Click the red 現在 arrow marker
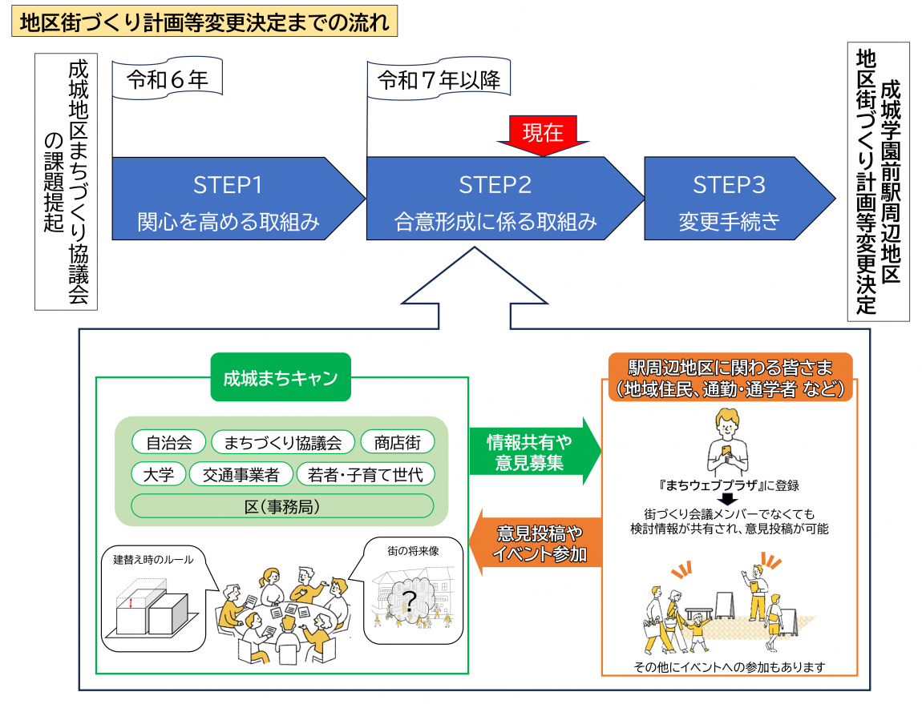click(x=543, y=135)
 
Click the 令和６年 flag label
click(x=168, y=78)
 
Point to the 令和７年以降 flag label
click(x=439, y=78)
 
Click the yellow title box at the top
click(x=204, y=22)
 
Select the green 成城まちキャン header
click(x=281, y=377)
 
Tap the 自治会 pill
click(x=168, y=442)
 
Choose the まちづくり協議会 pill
click(x=283, y=442)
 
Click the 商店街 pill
click(x=398, y=442)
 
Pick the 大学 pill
click(x=159, y=474)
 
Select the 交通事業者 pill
click(x=241, y=474)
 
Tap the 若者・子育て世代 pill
click(x=365, y=474)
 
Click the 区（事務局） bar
click(x=282, y=506)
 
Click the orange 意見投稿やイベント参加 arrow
click(x=535, y=542)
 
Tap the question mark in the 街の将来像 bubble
click(x=409, y=601)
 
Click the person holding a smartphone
click(x=727, y=442)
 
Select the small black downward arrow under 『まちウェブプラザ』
click(x=728, y=499)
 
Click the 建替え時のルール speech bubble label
click(x=153, y=560)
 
